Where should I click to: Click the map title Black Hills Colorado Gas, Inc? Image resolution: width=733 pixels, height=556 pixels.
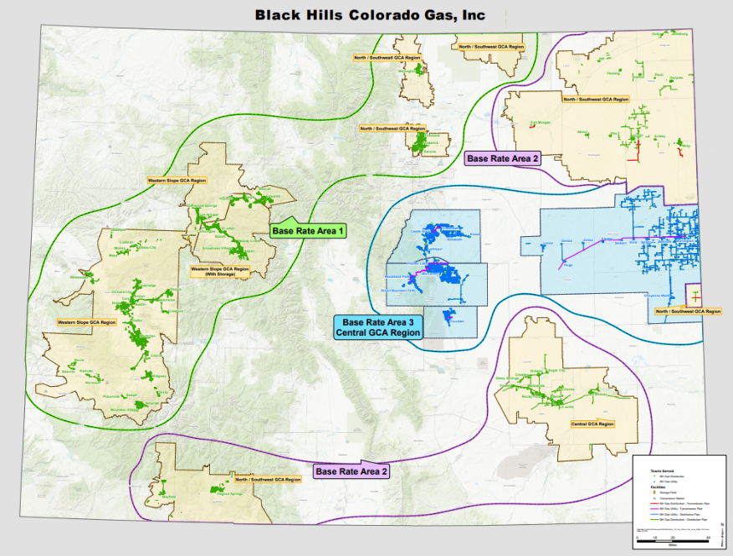tap(370, 14)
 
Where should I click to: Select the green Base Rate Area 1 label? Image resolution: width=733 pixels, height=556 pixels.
tap(308, 230)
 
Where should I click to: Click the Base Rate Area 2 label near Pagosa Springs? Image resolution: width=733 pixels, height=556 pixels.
tap(351, 471)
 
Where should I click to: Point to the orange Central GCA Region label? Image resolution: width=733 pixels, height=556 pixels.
tap(593, 425)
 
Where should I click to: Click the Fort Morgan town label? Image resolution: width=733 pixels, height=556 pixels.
tap(543, 125)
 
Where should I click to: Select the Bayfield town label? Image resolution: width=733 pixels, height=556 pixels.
tap(169, 497)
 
